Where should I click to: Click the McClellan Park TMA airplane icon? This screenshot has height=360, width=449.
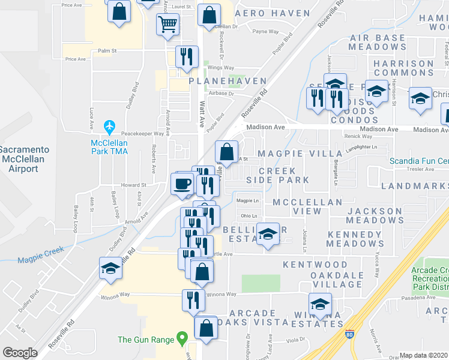(109, 127)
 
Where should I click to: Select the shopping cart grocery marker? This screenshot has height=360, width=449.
(167, 25)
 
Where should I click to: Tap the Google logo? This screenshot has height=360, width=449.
(20, 352)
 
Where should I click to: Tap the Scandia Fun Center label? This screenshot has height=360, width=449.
(419, 161)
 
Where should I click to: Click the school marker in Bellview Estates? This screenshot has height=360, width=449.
(268, 233)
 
